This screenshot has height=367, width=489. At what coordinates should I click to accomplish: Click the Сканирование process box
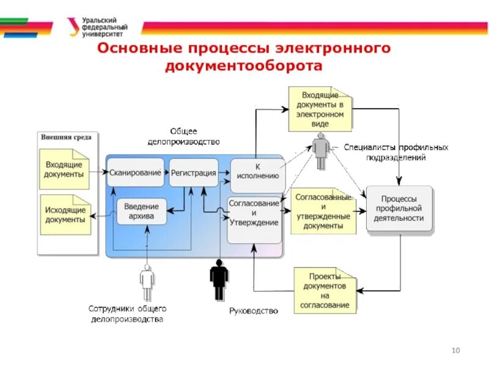coord(136,172)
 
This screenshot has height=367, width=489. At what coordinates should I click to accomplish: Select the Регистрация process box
coord(193,172)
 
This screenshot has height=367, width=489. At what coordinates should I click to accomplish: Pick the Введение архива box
coord(141,211)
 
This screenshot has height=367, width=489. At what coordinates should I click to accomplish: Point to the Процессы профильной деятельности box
coord(399,209)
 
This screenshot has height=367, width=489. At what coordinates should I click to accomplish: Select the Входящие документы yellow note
coord(64,169)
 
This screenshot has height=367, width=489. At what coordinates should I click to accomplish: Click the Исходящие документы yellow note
coord(65,215)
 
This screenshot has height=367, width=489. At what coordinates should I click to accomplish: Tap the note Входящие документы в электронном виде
coord(320,109)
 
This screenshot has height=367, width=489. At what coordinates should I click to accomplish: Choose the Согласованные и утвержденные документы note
coord(323,210)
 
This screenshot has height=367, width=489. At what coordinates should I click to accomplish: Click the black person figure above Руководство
coord(219,280)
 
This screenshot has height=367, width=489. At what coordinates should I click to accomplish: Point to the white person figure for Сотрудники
coord(147,283)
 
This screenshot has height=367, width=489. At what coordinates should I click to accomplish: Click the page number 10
coord(455,350)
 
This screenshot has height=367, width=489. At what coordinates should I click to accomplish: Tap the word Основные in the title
coord(135,48)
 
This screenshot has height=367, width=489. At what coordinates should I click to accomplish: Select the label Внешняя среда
coord(66,137)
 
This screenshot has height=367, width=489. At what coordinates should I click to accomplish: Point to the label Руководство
coord(253,311)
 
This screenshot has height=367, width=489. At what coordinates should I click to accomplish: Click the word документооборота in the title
coord(243,65)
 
